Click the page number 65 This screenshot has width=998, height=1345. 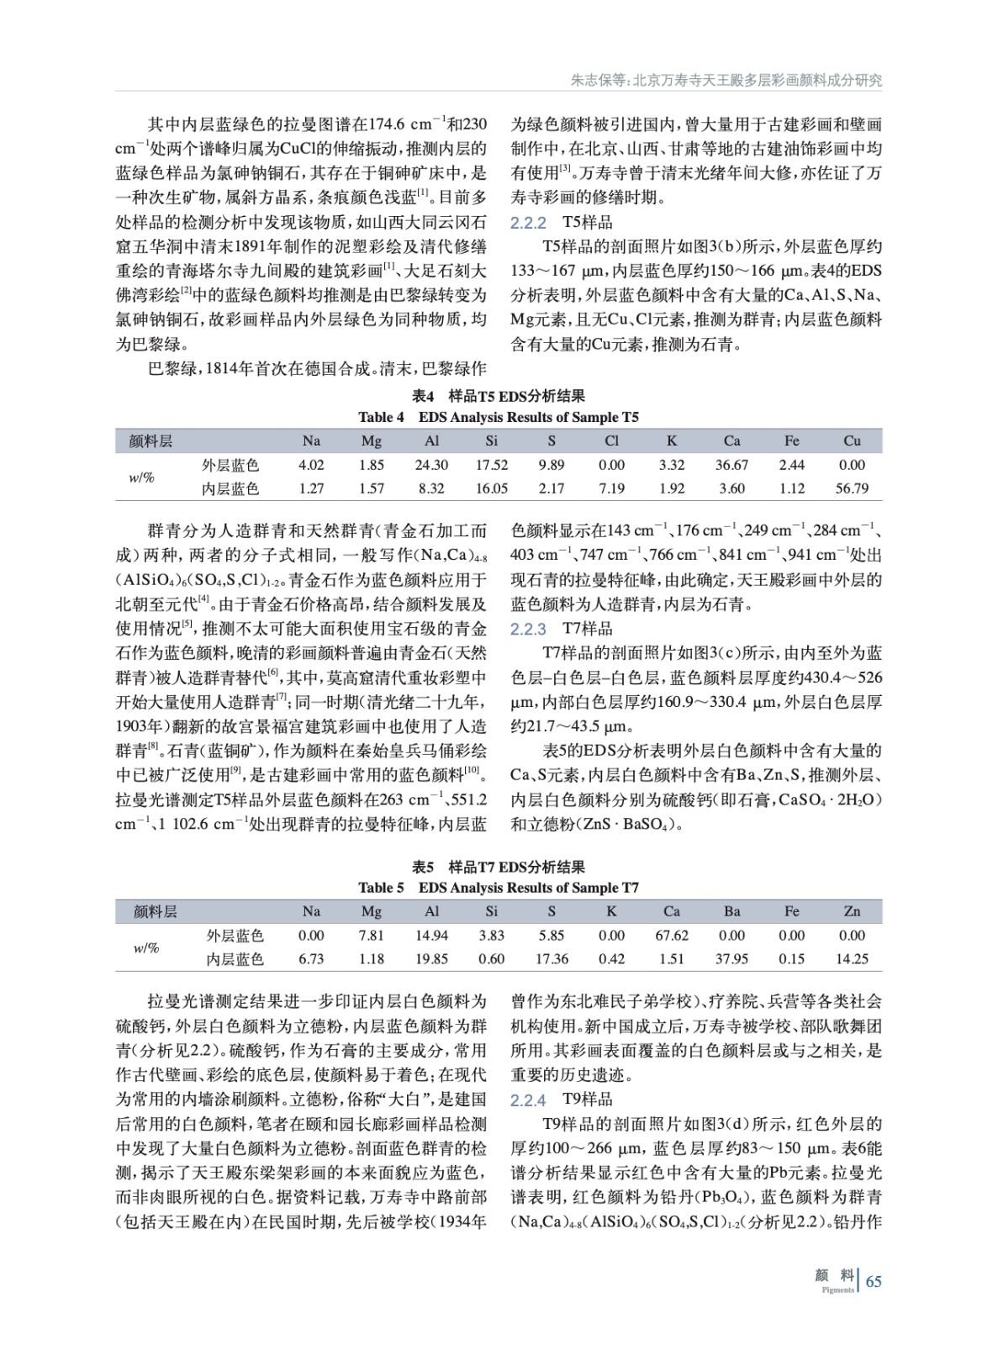pyautogui.click(x=874, y=1282)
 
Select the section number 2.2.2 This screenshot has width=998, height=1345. pyautogui.click(x=528, y=223)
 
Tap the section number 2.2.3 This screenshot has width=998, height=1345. pyautogui.click(x=528, y=629)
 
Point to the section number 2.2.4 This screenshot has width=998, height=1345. pyautogui.click(x=528, y=1100)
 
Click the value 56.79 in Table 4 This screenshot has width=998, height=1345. pyautogui.click(x=852, y=488)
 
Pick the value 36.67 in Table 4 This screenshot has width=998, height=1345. pyautogui.click(x=731, y=465)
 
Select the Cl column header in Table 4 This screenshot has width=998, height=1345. pyautogui.click(x=611, y=440)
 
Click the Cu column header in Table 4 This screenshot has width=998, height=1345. pyautogui.click(x=852, y=440)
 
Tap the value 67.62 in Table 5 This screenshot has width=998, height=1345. pyautogui.click(x=671, y=936)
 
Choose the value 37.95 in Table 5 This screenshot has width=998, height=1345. pyautogui.click(x=731, y=959)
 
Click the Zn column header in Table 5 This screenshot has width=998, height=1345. pyautogui.click(x=852, y=911)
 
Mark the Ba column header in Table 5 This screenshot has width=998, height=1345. pyautogui.click(x=731, y=911)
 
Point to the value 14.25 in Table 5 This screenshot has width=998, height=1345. pyautogui.click(x=852, y=959)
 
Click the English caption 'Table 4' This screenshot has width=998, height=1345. pyautogui.click(x=381, y=417)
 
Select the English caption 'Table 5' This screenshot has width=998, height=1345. pyautogui.click(x=381, y=888)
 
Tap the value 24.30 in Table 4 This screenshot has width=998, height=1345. pyautogui.click(x=431, y=465)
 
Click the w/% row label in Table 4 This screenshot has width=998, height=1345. pyautogui.click(x=141, y=477)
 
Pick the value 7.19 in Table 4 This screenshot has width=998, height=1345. pyautogui.click(x=611, y=488)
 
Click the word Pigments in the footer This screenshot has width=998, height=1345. pyautogui.click(x=837, y=1290)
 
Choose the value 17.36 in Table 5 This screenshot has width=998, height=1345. pyautogui.click(x=552, y=959)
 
